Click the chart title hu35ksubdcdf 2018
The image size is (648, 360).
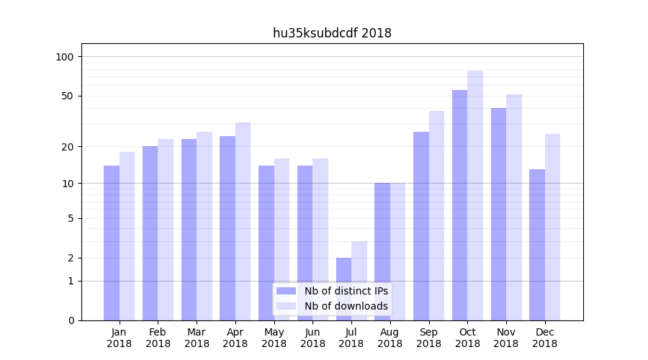(332, 33)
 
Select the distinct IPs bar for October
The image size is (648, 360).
(459, 205)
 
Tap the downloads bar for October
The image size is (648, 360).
(475, 195)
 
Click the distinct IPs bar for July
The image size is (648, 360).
(343, 289)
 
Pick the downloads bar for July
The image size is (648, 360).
(359, 281)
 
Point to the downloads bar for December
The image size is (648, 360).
(552, 227)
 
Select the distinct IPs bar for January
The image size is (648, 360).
(112, 243)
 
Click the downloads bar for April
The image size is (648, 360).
(243, 221)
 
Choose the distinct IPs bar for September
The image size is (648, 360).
(421, 226)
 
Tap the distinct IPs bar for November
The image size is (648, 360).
(498, 214)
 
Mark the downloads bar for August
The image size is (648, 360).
(398, 251)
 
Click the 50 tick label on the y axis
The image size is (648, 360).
(68, 96)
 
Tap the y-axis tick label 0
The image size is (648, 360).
(71, 320)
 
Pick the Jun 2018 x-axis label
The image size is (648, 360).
(312, 338)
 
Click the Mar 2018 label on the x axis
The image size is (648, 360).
(197, 338)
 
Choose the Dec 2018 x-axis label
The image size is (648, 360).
(544, 338)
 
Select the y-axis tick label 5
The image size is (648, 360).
(71, 218)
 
